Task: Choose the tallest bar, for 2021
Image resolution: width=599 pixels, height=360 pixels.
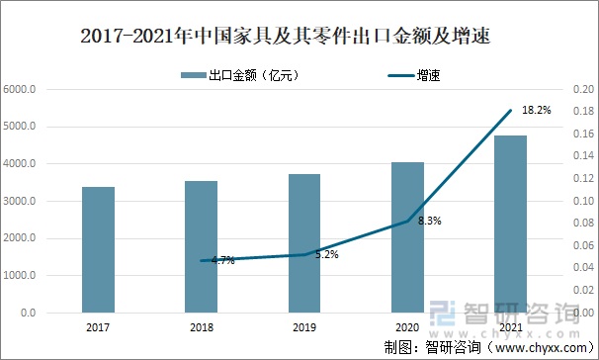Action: point(511,224)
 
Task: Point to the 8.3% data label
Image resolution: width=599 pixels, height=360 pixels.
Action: point(429,221)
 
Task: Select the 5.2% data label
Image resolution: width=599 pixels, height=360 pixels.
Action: point(326,254)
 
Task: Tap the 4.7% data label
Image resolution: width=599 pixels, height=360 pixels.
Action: point(222,260)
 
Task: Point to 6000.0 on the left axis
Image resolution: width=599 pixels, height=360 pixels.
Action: point(20,90)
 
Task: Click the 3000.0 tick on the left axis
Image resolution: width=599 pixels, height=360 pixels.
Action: point(20,202)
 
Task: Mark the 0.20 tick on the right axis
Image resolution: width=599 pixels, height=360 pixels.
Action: point(583,90)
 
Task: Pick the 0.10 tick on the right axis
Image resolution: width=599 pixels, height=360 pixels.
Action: point(583,202)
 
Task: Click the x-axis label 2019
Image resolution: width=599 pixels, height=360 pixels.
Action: point(304,325)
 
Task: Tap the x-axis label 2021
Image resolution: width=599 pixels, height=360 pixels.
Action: point(511,325)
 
